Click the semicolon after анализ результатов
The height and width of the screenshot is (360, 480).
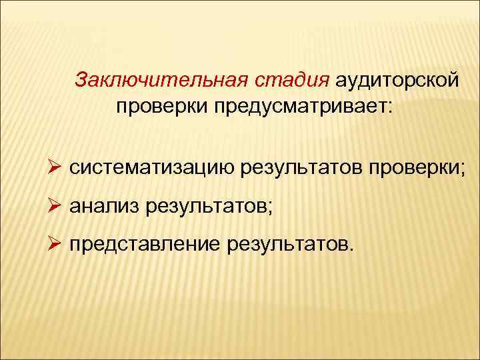coord(269,209)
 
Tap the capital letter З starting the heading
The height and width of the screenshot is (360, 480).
coord(81,80)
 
